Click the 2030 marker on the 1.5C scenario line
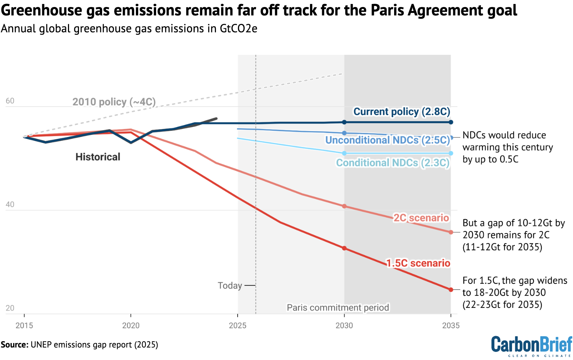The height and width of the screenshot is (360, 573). pos(344,248)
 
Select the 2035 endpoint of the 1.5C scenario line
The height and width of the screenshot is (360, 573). pos(451,290)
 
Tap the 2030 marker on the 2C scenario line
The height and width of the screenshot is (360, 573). pos(344,206)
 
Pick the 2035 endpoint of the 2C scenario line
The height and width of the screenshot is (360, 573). pos(451,232)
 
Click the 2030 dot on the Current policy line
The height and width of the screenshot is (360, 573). pos(344,122)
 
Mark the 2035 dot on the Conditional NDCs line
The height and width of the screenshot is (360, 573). pos(451,154)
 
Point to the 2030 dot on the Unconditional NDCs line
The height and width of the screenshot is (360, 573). pos(344,133)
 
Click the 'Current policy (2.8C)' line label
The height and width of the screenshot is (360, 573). pos(401,112)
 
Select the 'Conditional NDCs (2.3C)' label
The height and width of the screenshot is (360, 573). pos(393,163)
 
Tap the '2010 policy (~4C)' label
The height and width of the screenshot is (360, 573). pos(114,102)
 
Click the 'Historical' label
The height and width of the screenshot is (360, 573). pos(98,157)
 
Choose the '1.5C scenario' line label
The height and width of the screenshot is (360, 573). pos(418,263)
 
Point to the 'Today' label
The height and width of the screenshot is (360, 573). pos(230,285)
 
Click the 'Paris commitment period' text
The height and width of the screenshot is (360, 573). pos(338,307)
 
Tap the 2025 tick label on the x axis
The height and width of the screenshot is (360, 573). pos(238,325)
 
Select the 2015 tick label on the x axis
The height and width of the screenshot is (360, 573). pos(24,325)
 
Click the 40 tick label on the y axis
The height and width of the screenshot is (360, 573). pos(10,205)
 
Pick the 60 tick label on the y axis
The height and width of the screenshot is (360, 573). pos(10,101)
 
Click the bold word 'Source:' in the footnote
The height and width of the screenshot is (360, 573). pos(14,345)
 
